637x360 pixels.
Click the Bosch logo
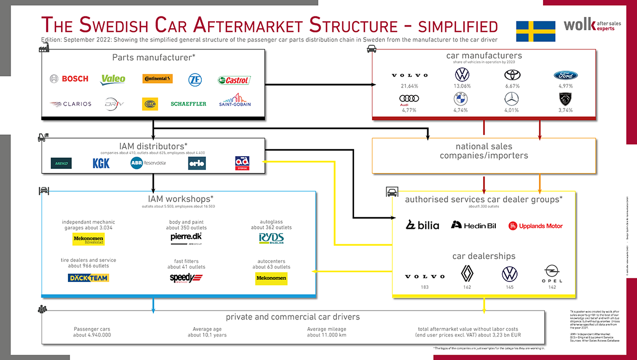[x=69, y=79]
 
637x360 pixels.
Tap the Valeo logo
[x=113, y=79]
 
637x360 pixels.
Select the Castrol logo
[x=234, y=80]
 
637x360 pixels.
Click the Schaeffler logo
[x=188, y=104]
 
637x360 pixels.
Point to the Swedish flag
[x=536, y=31]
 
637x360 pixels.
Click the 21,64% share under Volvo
[x=402, y=86]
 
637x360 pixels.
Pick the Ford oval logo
[x=565, y=75]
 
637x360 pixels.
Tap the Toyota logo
[x=512, y=75]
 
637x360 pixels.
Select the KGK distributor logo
[x=101, y=163]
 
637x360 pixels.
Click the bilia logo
[x=423, y=225]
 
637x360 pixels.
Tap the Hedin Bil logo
[x=474, y=225]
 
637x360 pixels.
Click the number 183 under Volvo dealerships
[x=425, y=287]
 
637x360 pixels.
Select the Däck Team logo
[x=89, y=278]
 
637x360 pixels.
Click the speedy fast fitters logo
[x=186, y=278]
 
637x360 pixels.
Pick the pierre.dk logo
[x=186, y=237]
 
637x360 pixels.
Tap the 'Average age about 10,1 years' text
[x=207, y=332]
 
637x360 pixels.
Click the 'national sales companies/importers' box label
[x=484, y=151]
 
